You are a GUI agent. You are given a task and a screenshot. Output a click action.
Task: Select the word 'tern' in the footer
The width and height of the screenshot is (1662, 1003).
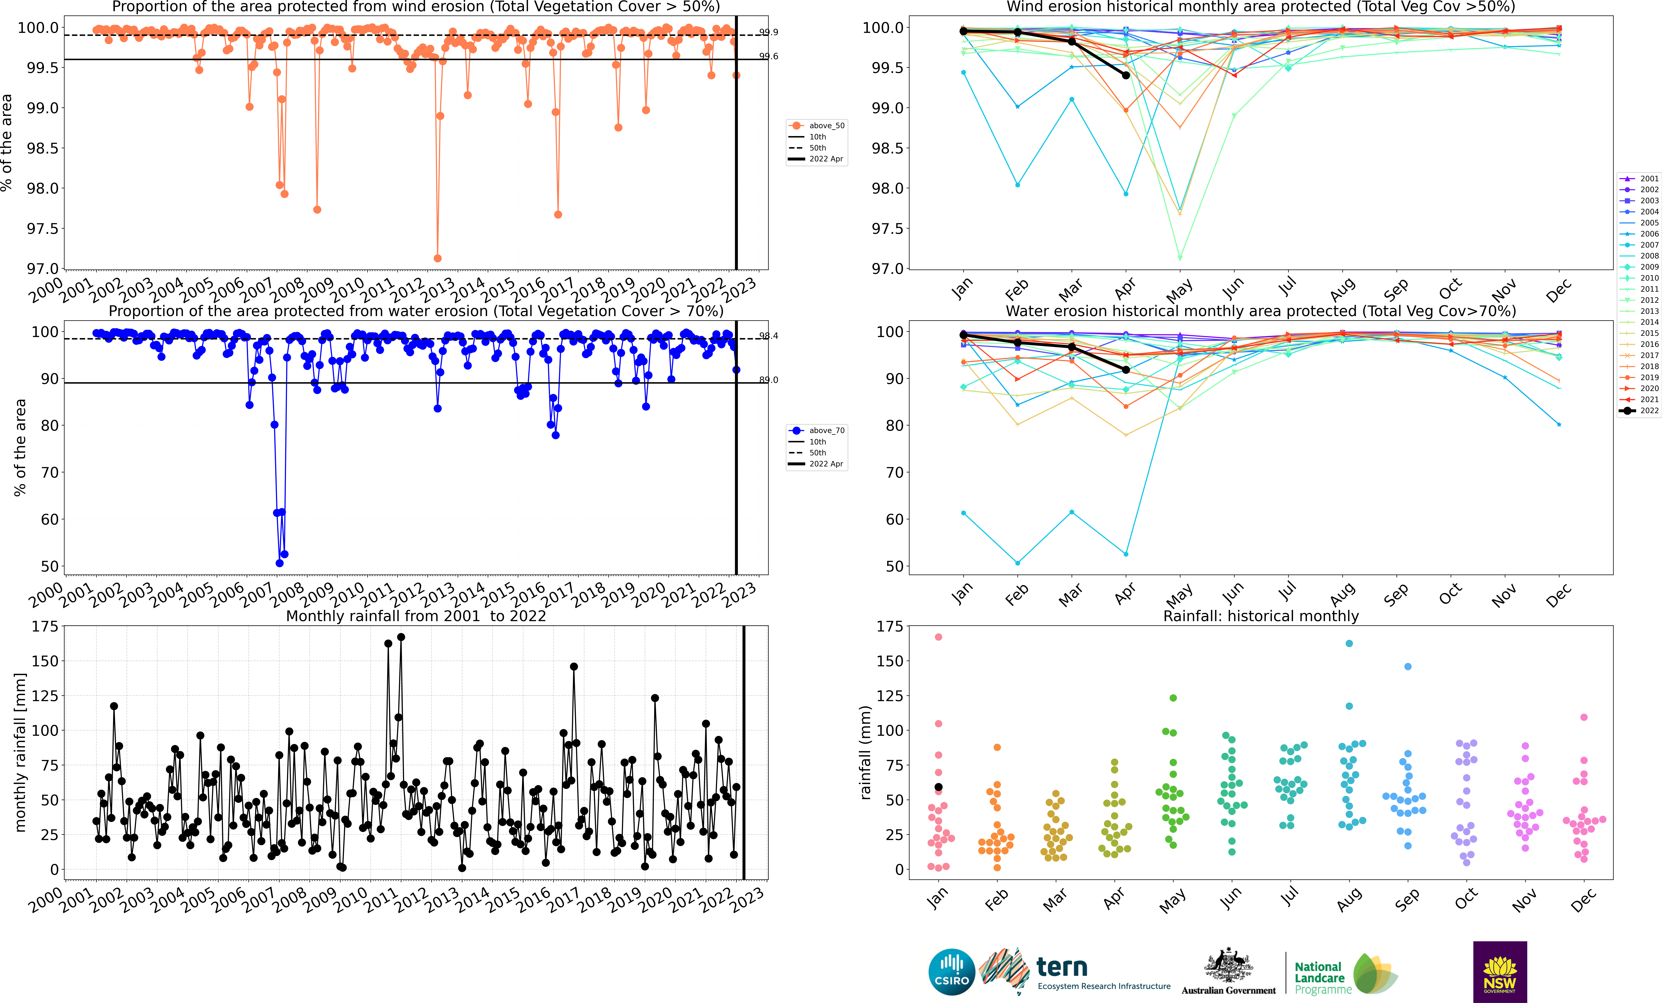(1062, 967)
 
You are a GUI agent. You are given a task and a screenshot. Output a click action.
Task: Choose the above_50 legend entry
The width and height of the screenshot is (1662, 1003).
(816, 126)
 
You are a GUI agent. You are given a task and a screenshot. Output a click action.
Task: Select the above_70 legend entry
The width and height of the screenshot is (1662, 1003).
(816, 430)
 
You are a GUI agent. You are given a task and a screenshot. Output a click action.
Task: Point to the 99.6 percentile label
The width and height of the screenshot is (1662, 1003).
(768, 56)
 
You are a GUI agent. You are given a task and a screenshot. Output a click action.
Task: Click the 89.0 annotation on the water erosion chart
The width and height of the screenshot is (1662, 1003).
(768, 380)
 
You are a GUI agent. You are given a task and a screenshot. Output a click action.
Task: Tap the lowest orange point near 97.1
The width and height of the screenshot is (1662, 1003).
(438, 258)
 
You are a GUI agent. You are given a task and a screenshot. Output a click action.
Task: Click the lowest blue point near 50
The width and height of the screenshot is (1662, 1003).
(279, 563)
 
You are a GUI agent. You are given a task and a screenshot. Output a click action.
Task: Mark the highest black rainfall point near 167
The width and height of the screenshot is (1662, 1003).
(401, 637)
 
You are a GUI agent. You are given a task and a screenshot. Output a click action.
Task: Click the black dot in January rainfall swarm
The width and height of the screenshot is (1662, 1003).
(938, 787)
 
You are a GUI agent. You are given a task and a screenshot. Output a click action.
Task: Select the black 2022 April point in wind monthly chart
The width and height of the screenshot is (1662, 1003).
(1126, 76)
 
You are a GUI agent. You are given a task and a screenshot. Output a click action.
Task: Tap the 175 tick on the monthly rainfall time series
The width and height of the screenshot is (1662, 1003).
(45, 627)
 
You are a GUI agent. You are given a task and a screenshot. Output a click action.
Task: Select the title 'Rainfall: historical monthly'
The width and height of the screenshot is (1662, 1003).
(1261, 616)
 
